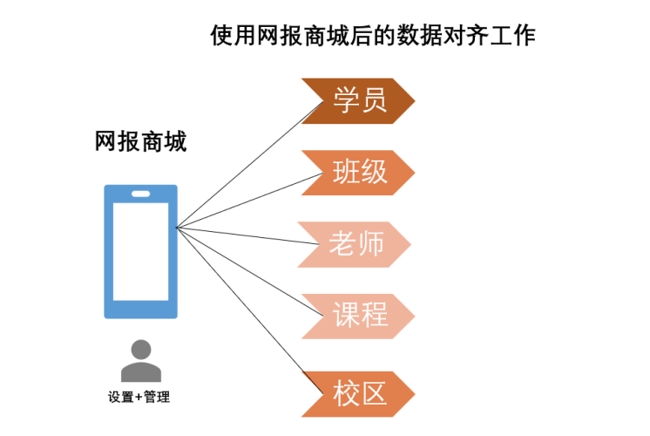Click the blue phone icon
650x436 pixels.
point(140,251)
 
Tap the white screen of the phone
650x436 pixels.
point(140,253)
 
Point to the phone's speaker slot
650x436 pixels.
point(140,194)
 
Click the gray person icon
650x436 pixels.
point(140,360)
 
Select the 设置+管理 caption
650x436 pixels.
point(139,398)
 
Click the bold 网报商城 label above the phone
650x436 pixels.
point(140,142)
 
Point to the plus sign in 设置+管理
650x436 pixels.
point(139,398)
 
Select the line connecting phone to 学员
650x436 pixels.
point(244,166)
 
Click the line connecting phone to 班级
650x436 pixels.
point(244,202)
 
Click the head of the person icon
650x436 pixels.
point(140,351)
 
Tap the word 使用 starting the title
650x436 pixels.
point(229,36)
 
